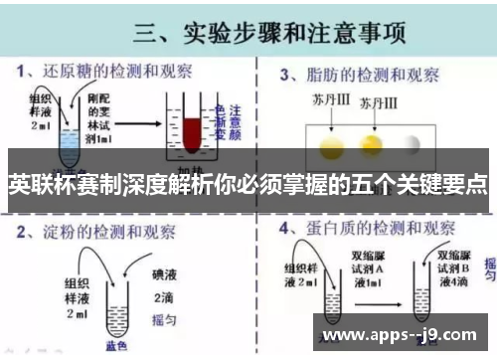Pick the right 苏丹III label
coord(378,104)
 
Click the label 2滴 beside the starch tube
coord(163,296)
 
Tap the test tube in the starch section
coord(104,303)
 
